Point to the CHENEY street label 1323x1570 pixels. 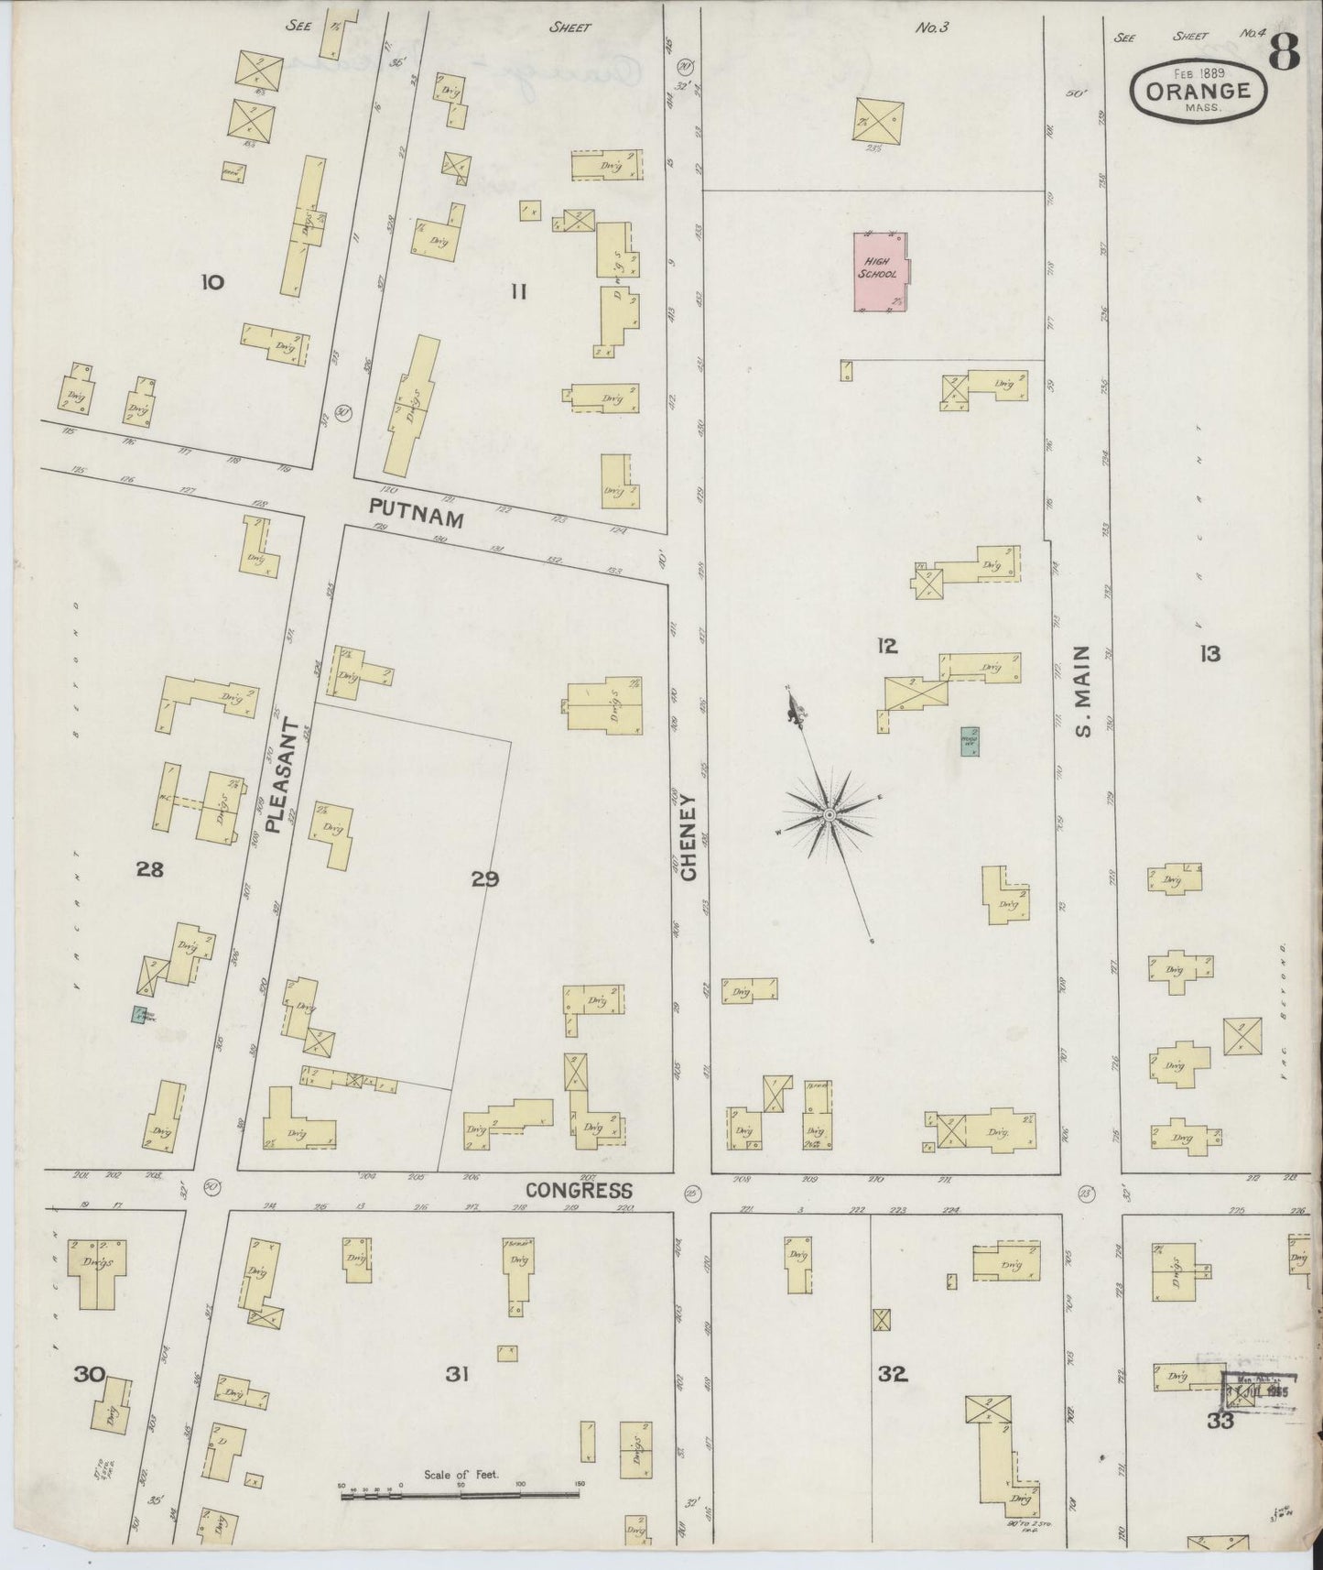pyautogui.click(x=689, y=838)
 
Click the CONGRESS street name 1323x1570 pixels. pyautogui.click(x=579, y=1190)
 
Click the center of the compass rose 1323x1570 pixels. pyautogui.click(x=828, y=814)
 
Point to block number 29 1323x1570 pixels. pyautogui.click(x=485, y=880)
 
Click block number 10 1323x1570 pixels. pyautogui.click(x=211, y=282)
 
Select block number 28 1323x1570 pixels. pyautogui.click(x=149, y=870)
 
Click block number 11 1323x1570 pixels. pyautogui.click(x=518, y=292)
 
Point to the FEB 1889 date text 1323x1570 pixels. pyautogui.click(x=1203, y=71)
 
